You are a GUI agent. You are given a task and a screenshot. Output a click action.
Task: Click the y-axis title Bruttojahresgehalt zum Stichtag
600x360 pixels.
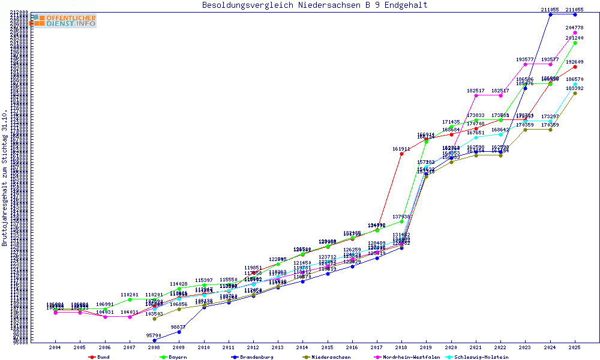[x=5, y=178]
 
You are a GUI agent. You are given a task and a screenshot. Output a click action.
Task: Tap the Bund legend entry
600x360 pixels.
[x=100, y=357]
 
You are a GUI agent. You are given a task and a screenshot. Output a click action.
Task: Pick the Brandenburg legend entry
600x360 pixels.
[x=253, y=357]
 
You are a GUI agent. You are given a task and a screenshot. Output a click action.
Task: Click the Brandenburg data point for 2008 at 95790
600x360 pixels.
[x=154, y=340]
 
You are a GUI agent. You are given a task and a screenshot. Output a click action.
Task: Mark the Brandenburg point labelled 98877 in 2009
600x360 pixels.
[x=179, y=332]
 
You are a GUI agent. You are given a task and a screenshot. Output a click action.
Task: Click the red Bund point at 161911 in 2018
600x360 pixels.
[x=401, y=154]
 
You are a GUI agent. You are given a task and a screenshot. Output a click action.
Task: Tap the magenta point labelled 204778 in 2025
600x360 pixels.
[x=575, y=32]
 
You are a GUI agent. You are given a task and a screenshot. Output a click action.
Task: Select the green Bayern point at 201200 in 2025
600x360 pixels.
[x=575, y=43]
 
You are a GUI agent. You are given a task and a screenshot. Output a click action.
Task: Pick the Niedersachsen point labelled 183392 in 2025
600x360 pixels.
[x=575, y=93]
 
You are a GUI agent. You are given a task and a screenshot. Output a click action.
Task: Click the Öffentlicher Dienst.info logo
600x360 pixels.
[x=62, y=21]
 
